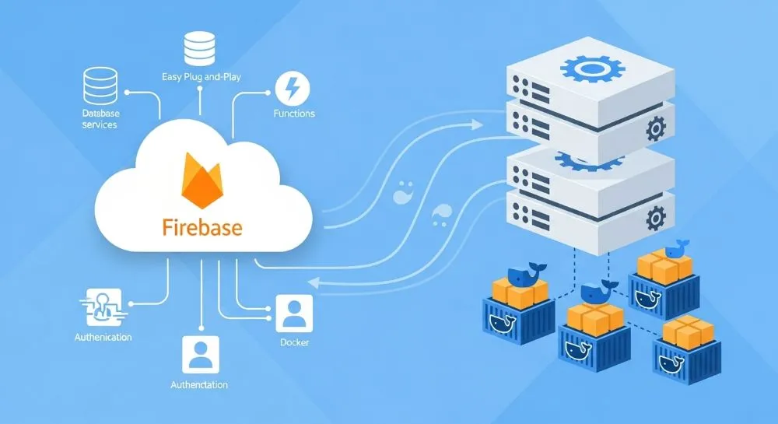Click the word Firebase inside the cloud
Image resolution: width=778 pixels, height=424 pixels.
point(202,228)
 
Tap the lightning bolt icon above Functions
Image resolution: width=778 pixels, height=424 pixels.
point(293,88)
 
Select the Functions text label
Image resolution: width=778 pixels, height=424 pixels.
point(294,114)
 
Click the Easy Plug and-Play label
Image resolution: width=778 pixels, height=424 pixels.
point(202,76)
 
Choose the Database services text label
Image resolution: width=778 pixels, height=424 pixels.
point(100,119)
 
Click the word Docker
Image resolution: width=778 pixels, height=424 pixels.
point(295,342)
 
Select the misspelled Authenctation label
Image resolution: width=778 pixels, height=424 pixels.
point(199,385)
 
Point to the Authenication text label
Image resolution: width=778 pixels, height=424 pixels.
point(103,338)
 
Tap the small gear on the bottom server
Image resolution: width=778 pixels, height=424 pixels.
point(656,215)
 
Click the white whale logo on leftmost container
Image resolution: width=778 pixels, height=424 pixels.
point(503,323)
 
